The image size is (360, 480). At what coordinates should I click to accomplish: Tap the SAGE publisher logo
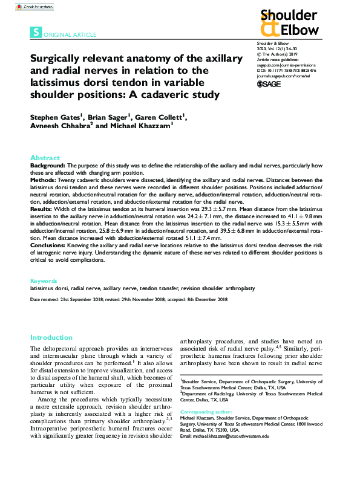coord(269,84)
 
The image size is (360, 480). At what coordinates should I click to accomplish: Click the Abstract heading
coord(45,157)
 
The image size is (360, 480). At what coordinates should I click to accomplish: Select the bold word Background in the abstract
coord(48,165)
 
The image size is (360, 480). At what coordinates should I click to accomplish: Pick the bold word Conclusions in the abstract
coord(49,245)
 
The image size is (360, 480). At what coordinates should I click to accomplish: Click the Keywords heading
coord(44,281)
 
